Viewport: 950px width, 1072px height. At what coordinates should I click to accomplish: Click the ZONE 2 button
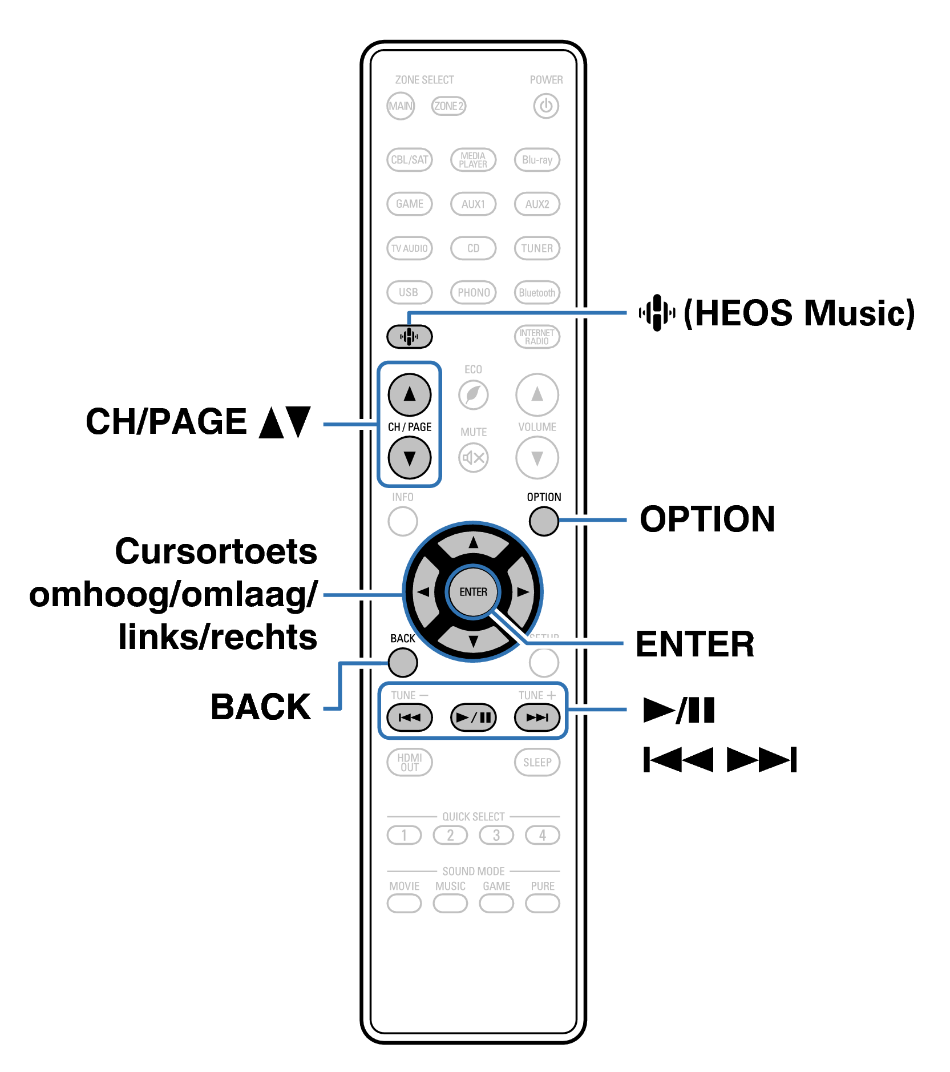(x=448, y=106)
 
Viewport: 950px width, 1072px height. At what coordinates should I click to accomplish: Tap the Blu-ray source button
(x=537, y=160)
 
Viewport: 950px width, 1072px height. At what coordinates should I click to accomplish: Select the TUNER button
(x=537, y=248)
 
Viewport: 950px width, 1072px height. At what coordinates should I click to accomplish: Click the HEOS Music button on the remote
(x=409, y=336)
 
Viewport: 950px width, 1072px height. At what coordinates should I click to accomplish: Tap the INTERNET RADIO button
(x=537, y=337)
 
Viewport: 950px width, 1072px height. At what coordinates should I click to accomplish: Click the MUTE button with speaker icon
(x=473, y=457)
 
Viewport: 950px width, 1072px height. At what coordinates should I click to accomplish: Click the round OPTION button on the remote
(x=543, y=521)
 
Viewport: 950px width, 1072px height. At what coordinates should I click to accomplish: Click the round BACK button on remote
(x=403, y=663)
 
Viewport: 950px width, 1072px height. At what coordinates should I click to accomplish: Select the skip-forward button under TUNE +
(x=537, y=718)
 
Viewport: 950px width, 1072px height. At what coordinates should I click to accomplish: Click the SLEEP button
(x=537, y=763)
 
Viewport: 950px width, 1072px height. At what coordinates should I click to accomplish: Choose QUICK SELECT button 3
(x=496, y=835)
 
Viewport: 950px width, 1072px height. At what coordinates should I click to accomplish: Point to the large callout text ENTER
(x=695, y=644)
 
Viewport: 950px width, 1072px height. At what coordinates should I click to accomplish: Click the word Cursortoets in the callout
(x=216, y=551)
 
